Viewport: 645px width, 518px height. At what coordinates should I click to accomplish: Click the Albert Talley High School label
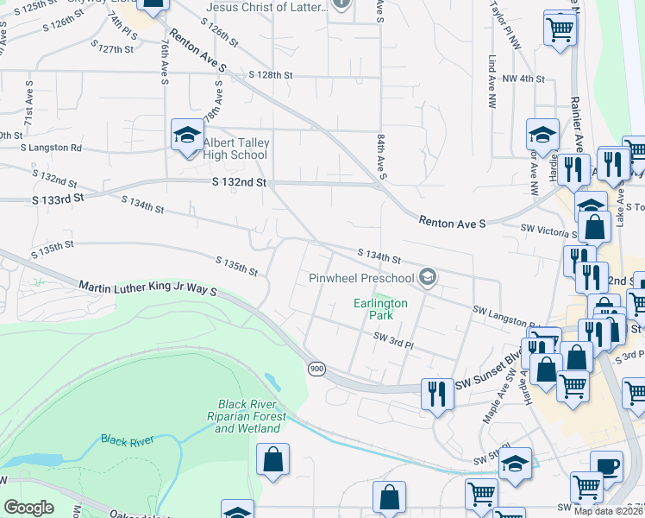tap(235, 148)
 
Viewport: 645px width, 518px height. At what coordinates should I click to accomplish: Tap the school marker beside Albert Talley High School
tap(186, 135)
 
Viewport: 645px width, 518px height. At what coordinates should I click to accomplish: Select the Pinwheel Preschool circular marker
tap(427, 277)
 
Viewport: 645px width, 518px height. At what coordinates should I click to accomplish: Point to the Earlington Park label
tap(380, 309)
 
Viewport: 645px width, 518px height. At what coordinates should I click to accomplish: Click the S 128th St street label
tap(270, 76)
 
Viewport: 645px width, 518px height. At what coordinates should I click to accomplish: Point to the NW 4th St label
tap(523, 79)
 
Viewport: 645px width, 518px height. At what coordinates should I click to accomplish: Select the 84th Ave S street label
tap(380, 151)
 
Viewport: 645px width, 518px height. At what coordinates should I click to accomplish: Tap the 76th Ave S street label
tap(164, 60)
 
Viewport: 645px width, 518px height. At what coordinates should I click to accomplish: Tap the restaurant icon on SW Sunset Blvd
tap(435, 393)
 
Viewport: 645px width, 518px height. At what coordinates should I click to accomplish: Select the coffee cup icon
tap(607, 466)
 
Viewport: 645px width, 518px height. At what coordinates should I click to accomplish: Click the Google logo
tap(29, 508)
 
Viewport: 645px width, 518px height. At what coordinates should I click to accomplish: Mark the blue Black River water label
tap(127, 440)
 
